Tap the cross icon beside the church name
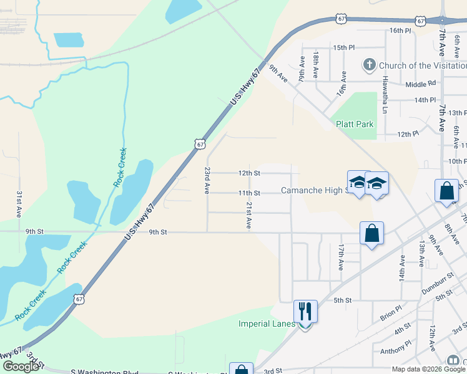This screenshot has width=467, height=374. pos(369,65)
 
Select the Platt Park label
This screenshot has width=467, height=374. pos(355,124)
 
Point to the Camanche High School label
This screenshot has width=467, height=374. pos(312,190)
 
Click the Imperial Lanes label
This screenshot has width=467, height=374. pos(265,324)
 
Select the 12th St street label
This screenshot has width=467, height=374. pos(248,173)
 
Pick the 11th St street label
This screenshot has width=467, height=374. pos(248,193)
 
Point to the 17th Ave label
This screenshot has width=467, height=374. pos(341,256)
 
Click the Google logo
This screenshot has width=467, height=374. pos(21,367)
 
